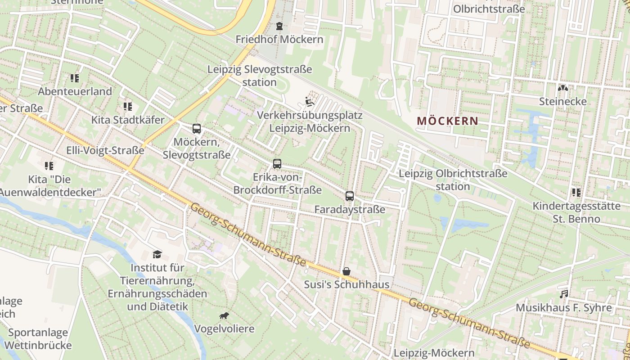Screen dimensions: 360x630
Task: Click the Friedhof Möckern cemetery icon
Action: [x=279, y=26]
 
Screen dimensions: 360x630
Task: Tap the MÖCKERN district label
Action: [x=447, y=121]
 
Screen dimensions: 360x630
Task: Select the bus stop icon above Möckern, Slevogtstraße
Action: [x=197, y=129]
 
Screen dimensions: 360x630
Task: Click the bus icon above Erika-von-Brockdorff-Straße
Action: [x=277, y=164]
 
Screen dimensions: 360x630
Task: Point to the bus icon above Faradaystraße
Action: [x=350, y=196]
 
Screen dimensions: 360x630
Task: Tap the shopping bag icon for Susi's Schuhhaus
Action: [x=346, y=271]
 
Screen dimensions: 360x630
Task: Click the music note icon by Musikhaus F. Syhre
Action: [x=563, y=294]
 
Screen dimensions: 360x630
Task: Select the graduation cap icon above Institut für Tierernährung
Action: [x=157, y=254]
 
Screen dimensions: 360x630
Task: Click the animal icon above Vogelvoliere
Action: [x=224, y=315]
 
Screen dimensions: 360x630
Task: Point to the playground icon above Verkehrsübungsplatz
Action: [x=310, y=102]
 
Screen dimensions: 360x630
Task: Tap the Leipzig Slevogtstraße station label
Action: [x=260, y=76]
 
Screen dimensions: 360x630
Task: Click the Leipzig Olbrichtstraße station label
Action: [x=453, y=180]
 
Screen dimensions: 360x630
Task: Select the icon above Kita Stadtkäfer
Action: [x=128, y=107]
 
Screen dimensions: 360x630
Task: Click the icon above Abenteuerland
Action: [x=75, y=78]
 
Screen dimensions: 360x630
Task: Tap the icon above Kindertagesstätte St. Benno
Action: [x=576, y=193]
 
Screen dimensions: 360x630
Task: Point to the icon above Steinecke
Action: [x=563, y=88]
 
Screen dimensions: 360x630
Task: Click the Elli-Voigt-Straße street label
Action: [x=105, y=150]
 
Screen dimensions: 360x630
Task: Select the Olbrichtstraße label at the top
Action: [x=489, y=9]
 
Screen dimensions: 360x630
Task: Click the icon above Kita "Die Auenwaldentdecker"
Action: [x=49, y=166]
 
